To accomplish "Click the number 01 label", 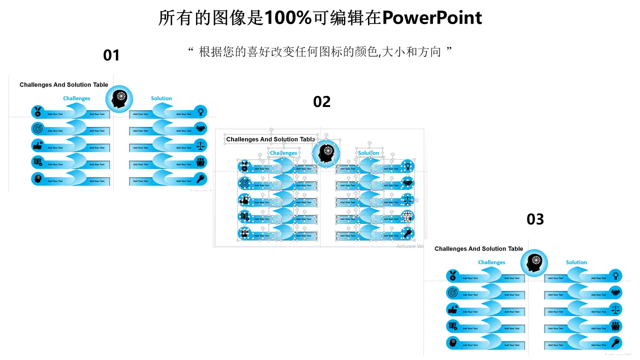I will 111,55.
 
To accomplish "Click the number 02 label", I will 322,102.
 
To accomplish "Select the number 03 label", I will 535,219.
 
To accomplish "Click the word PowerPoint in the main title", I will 431,18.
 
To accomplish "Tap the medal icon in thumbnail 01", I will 38,112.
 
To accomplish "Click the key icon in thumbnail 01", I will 200,178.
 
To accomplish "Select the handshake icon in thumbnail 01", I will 200,128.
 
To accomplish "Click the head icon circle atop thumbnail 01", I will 119,98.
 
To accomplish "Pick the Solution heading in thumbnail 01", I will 161,98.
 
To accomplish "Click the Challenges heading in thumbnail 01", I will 76,98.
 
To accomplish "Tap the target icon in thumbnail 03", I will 453,292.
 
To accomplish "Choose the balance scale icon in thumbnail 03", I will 615,309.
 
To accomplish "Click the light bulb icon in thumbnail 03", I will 615,275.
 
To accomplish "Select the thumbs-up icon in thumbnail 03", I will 453,309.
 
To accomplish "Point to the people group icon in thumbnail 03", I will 615,326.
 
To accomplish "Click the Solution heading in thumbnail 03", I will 576,262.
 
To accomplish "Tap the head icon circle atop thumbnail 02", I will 326,153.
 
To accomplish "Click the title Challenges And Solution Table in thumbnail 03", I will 478,248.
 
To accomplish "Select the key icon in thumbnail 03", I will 615,343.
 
